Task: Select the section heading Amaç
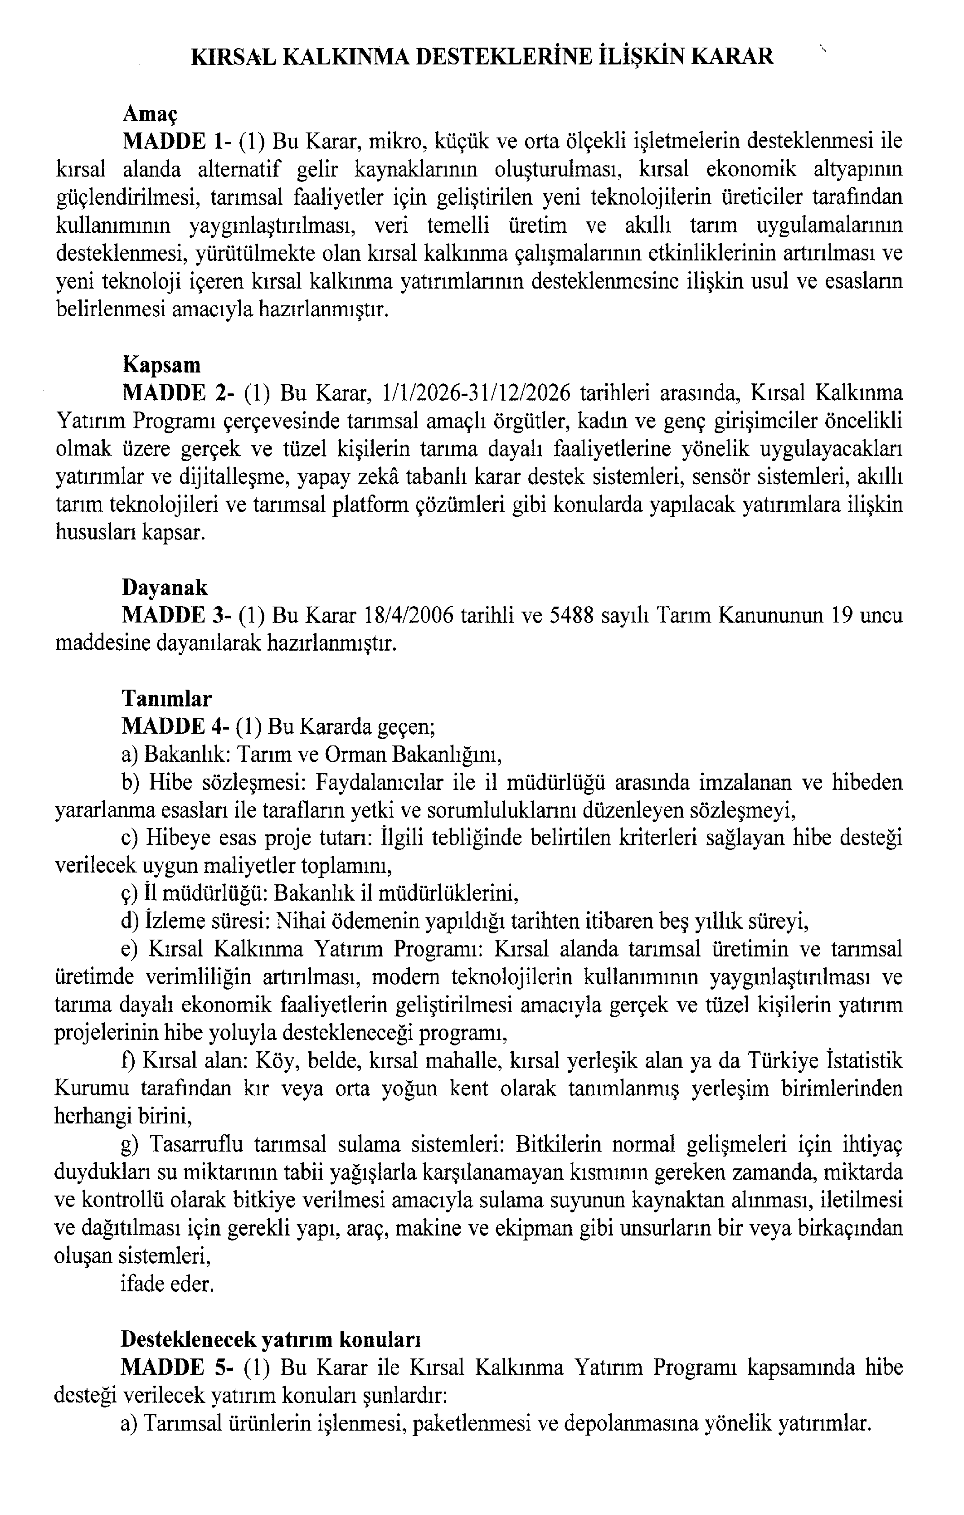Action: tap(150, 114)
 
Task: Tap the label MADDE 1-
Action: tap(177, 142)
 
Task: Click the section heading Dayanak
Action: tap(164, 588)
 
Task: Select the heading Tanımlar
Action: tap(167, 699)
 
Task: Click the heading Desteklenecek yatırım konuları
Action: tap(270, 1339)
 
